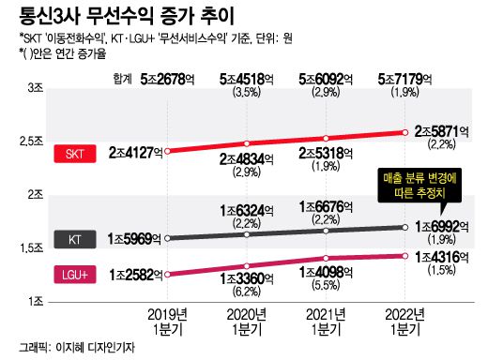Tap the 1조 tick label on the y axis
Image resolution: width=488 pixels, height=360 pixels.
37,300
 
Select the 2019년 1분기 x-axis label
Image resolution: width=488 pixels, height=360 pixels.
166,323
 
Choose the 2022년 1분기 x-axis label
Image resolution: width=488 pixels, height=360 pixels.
406,323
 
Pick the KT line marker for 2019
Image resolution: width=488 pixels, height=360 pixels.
166,238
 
